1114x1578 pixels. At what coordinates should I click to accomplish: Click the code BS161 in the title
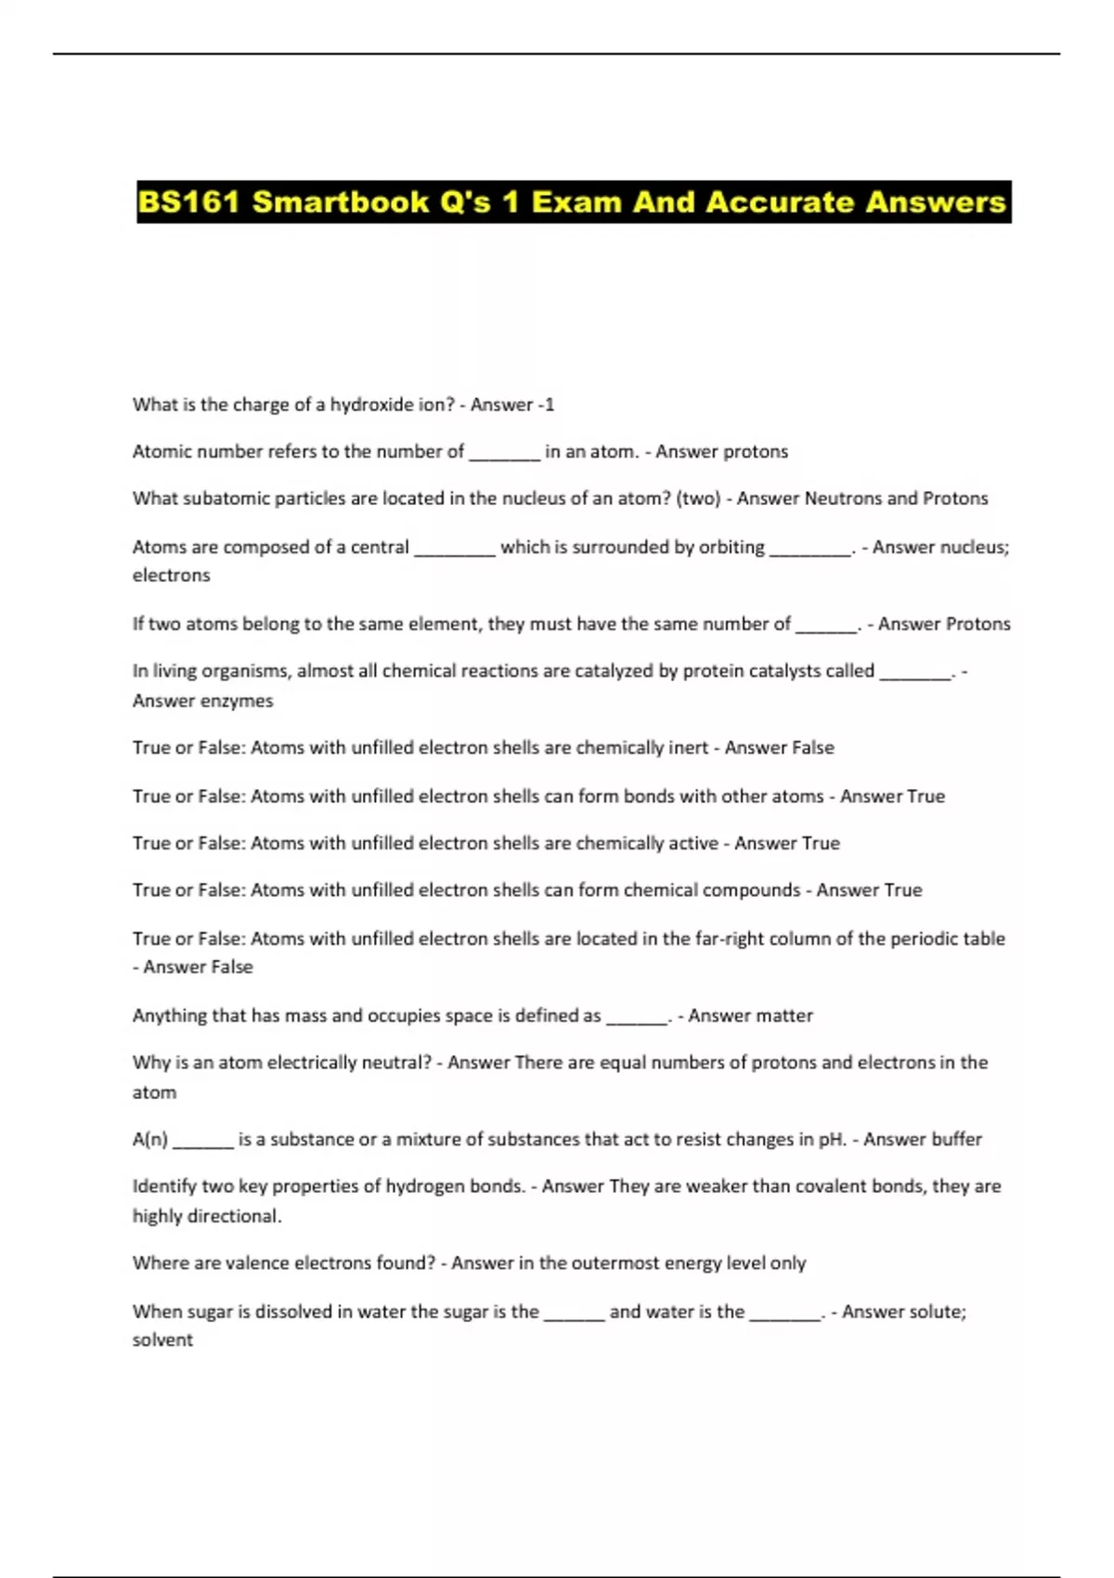coord(189,202)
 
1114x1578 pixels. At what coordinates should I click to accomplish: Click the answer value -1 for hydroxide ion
coord(546,405)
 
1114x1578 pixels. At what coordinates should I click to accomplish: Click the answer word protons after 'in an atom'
coord(755,452)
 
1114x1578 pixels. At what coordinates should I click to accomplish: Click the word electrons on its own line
coord(171,576)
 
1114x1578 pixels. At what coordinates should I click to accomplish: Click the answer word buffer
coord(956,1139)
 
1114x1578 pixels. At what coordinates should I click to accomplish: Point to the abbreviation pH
coord(832,1140)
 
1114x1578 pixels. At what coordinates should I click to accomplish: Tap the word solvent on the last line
coord(162,1340)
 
